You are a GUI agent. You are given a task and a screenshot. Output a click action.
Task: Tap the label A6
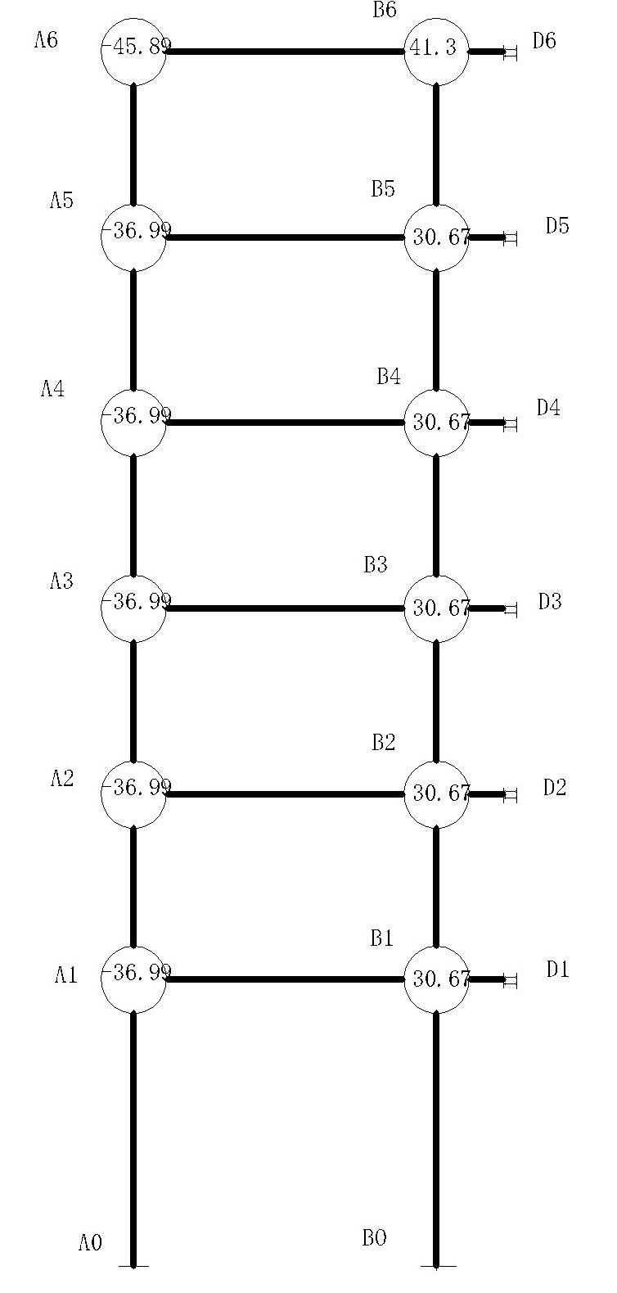tap(46, 40)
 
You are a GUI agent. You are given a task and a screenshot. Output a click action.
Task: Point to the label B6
tap(385, 10)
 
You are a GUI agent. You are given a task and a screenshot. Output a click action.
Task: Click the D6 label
tap(544, 41)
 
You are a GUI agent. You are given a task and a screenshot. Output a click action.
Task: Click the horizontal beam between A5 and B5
tap(286, 237)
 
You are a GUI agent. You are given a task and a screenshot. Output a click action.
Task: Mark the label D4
tap(548, 408)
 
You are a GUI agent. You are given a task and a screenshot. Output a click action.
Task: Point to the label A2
tap(61, 779)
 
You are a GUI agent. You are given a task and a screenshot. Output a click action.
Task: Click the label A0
tap(91, 1242)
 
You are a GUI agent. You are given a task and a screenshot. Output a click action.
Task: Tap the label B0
tap(374, 1237)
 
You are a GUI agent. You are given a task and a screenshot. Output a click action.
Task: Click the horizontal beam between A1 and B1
tap(286, 979)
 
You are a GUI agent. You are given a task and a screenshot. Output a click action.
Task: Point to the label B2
tap(384, 742)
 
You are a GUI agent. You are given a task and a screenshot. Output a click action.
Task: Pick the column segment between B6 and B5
tap(436, 144)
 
